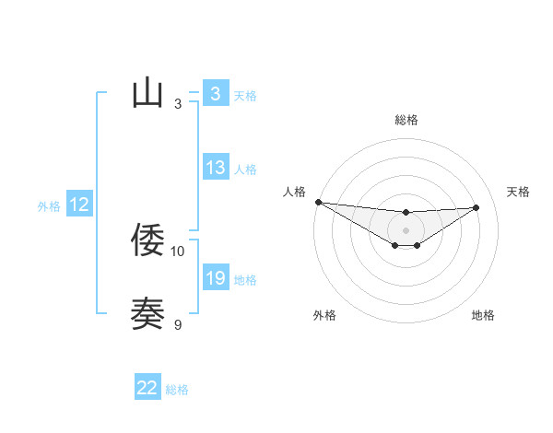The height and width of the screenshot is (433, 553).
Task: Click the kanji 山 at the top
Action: click(x=147, y=92)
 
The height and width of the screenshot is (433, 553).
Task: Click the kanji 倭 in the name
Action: click(x=147, y=240)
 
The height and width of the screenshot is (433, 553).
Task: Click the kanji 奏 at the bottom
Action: click(x=147, y=313)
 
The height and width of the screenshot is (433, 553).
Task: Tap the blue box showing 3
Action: click(x=215, y=94)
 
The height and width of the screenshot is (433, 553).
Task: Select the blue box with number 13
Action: click(x=215, y=168)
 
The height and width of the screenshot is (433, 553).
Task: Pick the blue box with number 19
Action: click(x=215, y=278)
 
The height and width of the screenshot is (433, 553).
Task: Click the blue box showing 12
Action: click(x=78, y=205)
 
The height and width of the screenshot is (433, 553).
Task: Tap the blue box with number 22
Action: click(x=147, y=388)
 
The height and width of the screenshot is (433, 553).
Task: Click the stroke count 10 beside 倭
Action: click(x=178, y=251)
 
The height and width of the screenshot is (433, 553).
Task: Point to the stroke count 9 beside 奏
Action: click(x=178, y=324)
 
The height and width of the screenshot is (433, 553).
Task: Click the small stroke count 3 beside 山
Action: click(x=178, y=103)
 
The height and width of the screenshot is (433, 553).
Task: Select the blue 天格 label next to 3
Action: click(x=245, y=95)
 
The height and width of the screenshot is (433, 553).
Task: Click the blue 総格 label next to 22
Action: click(x=177, y=390)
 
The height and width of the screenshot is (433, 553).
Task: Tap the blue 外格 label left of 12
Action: click(x=49, y=206)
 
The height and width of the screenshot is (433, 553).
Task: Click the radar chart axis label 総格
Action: click(x=406, y=120)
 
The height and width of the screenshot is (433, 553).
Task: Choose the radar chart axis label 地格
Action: click(x=483, y=315)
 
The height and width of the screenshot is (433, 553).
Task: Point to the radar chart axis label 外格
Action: click(x=324, y=315)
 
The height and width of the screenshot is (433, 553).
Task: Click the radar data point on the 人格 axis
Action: click(x=318, y=202)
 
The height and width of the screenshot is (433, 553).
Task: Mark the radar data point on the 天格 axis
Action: click(x=477, y=207)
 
